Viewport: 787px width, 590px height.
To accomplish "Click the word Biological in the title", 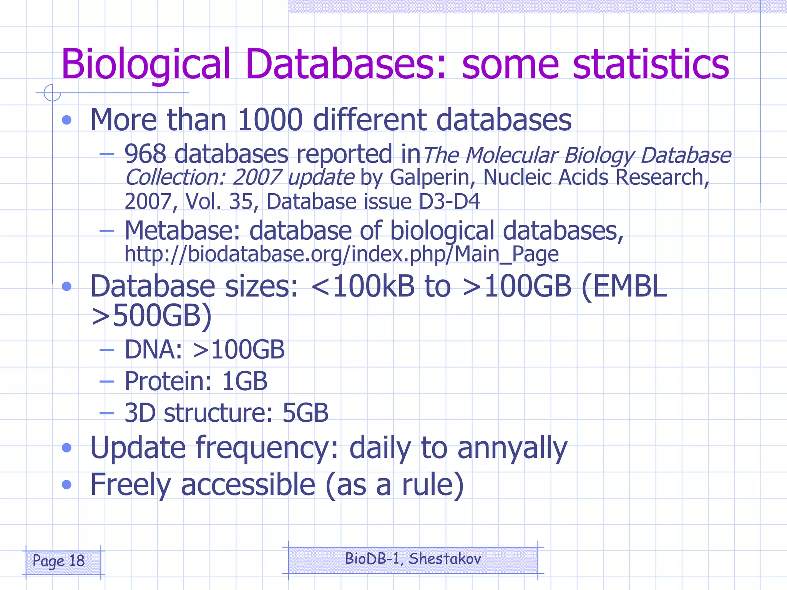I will pyautogui.click(x=146, y=65).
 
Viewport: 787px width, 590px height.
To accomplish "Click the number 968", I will pyautogui.click(x=145, y=154).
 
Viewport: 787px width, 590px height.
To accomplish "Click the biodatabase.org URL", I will pyautogui.click(x=342, y=254).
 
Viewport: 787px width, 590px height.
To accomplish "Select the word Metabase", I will pyautogui.click(x=183, y=231).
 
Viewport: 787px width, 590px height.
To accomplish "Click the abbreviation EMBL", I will pyautogui.click(x=630, y=287).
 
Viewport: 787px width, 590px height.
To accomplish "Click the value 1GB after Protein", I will pyautogui.click(x=244, y=381).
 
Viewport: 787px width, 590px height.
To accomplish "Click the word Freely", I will pyautogui.click(x=130, y=485).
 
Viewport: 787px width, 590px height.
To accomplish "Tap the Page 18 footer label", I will pyautogui.click(x=58, y=561).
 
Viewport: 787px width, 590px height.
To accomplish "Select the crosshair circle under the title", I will pyautogui.click(x=52, y=93).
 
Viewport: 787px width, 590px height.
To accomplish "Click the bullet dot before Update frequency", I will pyautogui.click(x=67, y=448).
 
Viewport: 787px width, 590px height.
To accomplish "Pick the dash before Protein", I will pyautogui.click(x=107, y=382).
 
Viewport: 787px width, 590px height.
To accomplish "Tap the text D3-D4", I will pyautogui.click(x=449, y=202).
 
